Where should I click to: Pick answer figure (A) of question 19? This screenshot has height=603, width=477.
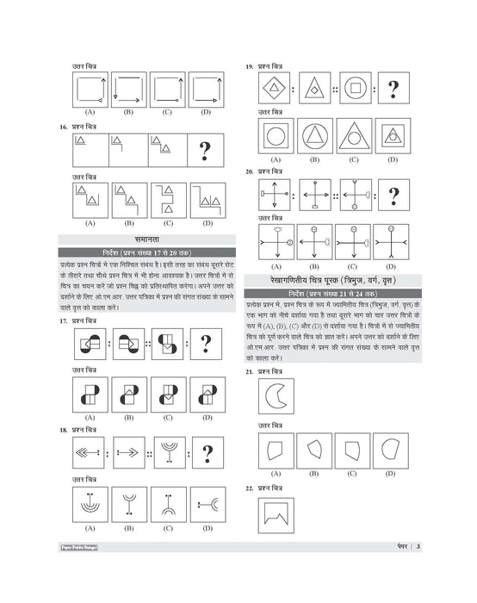[276, 136]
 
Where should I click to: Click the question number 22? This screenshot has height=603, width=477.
[249, 488]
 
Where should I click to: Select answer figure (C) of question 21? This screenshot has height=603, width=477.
[353, 451]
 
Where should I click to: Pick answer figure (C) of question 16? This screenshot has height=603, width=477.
[167, 200]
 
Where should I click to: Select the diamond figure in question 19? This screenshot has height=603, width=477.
[276, 88]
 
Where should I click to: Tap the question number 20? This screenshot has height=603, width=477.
[249, 171]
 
